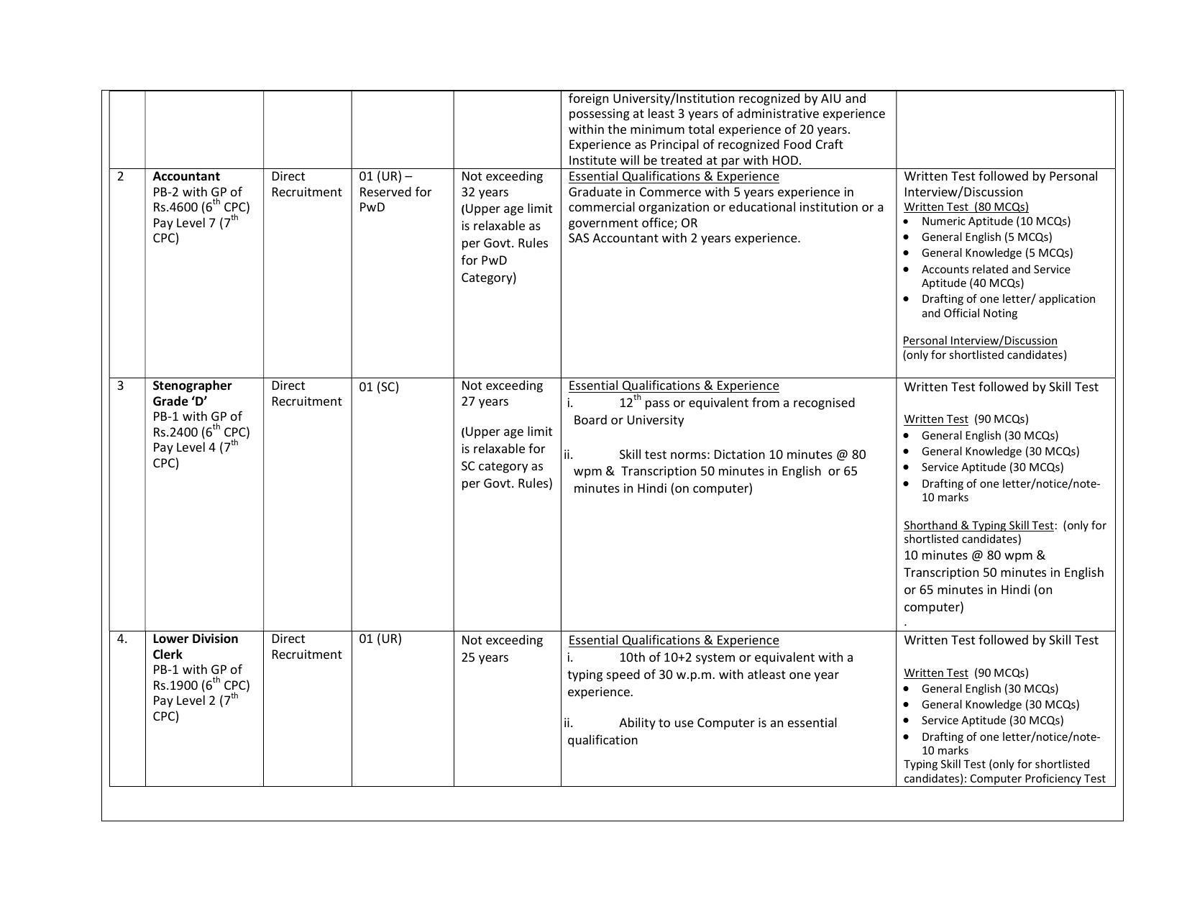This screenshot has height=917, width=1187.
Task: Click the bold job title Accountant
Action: pyautogui.click(x=186, y=176)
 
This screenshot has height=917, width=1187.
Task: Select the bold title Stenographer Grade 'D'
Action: pyautogui.click(x=192, y=393)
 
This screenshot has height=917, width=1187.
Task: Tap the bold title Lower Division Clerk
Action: pyautogui.click(x=195, y=646)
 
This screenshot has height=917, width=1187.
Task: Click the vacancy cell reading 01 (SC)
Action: pyautogui.click(x=378, y=387)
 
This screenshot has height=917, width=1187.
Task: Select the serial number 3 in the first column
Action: pyautogui.click(x=121, y=385)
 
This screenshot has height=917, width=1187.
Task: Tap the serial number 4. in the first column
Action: pyautogui.click(x=122, y=639)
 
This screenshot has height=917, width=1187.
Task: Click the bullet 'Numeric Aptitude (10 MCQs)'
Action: pyautogui.click(x=995, y=222)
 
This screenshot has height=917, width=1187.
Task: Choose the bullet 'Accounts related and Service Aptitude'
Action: pyautogui.click(x=995, y=276)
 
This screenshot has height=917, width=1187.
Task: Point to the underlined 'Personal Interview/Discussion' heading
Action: pyautogui.click(x=980, y=341)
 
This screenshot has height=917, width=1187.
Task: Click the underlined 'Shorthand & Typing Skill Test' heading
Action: pyautogui.click(x=978, y=526)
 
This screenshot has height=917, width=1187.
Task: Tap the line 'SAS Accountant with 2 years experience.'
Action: pyautogui.click(x=684, y=238)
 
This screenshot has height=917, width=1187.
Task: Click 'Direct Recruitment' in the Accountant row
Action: pyautogui.click(x=306, y=184)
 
